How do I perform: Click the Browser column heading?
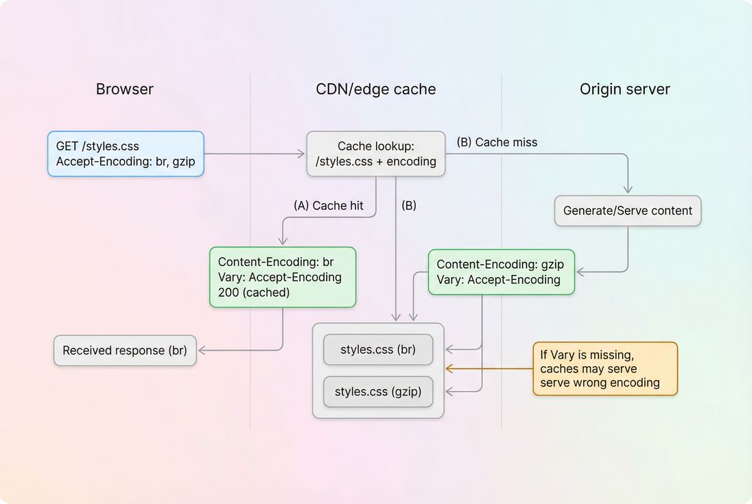click(124, 89)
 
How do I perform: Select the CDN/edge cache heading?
click(375, 89)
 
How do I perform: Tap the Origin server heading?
click(624, 89)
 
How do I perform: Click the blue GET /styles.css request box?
click(126, 154)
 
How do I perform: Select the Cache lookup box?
click(375, 154)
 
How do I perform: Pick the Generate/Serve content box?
click(627, 211)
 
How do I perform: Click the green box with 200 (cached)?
click(282, 277)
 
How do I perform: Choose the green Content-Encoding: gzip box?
click(501, 272)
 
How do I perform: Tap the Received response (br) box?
click(125, 350)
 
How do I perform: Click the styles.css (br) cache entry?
click(378, 349)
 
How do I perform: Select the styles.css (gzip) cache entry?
click(378, 392)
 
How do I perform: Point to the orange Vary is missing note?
click(604, 369)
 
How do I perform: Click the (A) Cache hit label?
click(328, 205)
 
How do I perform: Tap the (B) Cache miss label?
click(497, 142)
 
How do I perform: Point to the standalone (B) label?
click(408, 205)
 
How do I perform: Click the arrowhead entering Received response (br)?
click(202, 350)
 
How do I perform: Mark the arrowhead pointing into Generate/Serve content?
click(627, 189)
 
